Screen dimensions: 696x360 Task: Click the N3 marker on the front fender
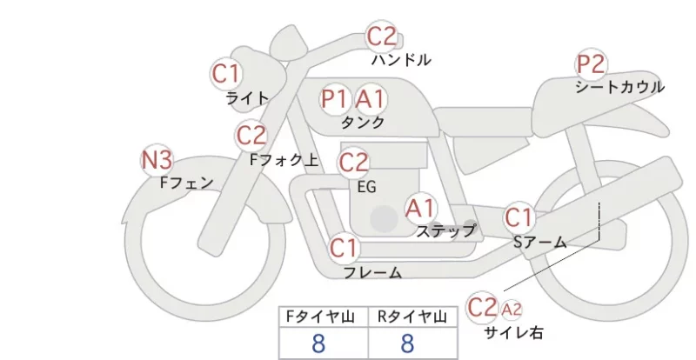(157, 160)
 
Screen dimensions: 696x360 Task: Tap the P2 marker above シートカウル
(592, 64)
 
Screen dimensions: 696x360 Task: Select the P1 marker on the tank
(334, 98)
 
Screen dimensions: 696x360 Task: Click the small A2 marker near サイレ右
(512, 310)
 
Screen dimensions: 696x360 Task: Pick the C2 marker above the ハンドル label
(382, 37)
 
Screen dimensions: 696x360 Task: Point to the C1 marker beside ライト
(226, 74)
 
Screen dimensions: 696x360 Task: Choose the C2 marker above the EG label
(354, 163)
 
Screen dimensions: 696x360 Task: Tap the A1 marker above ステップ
(421, 208)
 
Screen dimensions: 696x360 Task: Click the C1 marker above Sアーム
(519, 218)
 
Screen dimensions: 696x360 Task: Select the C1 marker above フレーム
(344, 248)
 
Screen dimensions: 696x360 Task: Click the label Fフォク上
(284, 160)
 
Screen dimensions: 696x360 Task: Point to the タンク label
(363, 123)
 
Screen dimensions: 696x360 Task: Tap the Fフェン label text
(186, 183)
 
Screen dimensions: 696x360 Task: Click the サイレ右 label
(513, 332)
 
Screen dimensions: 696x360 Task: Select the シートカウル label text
(620, 87)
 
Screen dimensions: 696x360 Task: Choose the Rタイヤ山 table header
(412, 317)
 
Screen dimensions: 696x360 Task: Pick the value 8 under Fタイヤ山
(318, 343)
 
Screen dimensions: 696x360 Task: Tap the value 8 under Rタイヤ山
(407, 343)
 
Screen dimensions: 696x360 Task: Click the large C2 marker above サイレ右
(482, 307)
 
